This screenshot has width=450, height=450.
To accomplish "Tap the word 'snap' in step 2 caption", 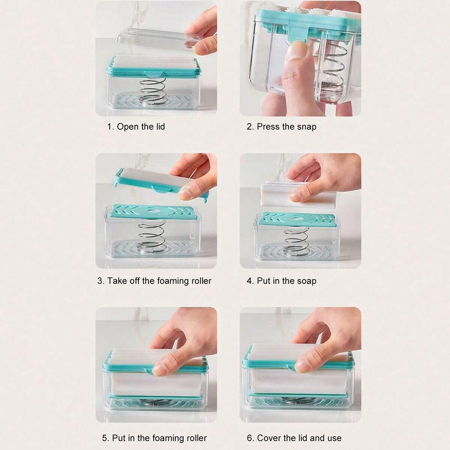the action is [307, 127].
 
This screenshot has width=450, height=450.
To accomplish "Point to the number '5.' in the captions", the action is [105, 438].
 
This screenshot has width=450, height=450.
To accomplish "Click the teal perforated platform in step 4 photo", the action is [296, 220].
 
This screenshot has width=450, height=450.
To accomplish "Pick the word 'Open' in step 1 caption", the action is [128, 127].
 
